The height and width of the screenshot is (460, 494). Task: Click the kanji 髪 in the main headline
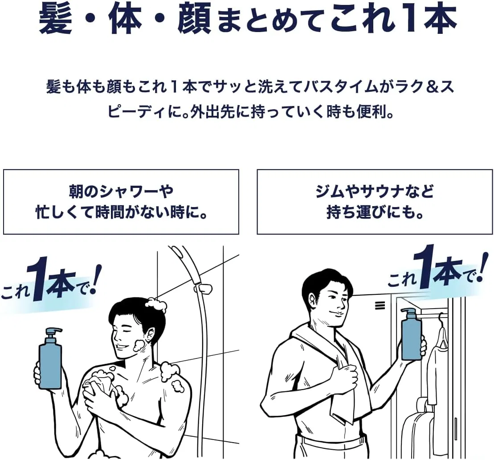[x=56, y=18]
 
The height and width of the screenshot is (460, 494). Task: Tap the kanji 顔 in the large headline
[x=194, y=18]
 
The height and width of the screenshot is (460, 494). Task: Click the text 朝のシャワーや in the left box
[x=121, y=191]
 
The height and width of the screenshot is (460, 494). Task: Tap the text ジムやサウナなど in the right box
[x=375, y=191]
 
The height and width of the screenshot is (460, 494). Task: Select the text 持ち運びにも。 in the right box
[x=375, y=212]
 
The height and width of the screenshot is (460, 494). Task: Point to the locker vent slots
[x=380, y=305]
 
